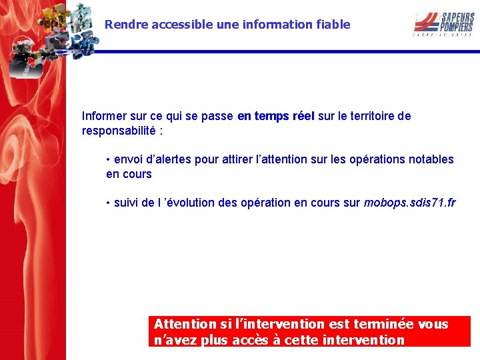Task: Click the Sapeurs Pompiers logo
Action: (x=443, y=23)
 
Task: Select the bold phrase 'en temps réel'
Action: (x=275, y=116)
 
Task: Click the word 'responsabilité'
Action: (x=117, y=131)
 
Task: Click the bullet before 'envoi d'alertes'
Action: (x=108, y=160)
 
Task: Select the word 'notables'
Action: (x=432, y=159)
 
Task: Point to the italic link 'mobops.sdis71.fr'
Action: (x=409, y=203)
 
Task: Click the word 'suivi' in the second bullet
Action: (x=127, y=203)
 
